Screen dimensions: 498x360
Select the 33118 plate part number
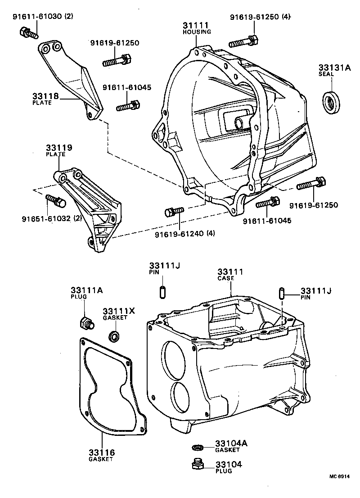click(x=42, y=96)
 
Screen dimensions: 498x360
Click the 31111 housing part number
click(x=197, y=26)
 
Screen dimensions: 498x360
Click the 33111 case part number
click(x=230, y=272)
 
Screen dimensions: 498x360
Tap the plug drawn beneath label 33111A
click(x=85, y=323)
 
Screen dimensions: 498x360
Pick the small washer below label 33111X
click(x=114, y=336)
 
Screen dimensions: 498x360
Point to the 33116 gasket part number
click(x=101, y=452)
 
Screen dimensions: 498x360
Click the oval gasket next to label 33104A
click(x=197, y=447)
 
